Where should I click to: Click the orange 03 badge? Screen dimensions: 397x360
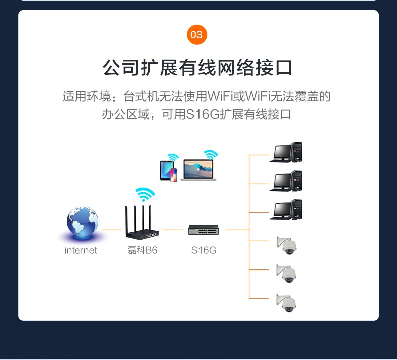point(197,34)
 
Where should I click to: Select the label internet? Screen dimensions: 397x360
point(81,250)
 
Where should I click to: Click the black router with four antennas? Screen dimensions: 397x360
point(143,226)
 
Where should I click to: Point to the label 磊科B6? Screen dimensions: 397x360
point(143,250)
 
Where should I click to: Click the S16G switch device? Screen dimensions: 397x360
point(204,230)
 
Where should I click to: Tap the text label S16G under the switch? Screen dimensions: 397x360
point(204,250)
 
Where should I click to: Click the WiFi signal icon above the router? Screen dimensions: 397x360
point(145,194)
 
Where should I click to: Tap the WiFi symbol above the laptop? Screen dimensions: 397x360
point(210,154)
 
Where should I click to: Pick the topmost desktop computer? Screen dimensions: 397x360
point(286,152)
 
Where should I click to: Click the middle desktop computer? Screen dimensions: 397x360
point(286,181)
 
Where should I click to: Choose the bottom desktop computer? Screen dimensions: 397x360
point(286,210)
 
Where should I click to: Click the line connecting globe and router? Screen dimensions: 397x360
point(112,230)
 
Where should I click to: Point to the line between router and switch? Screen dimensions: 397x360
point(173,230)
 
